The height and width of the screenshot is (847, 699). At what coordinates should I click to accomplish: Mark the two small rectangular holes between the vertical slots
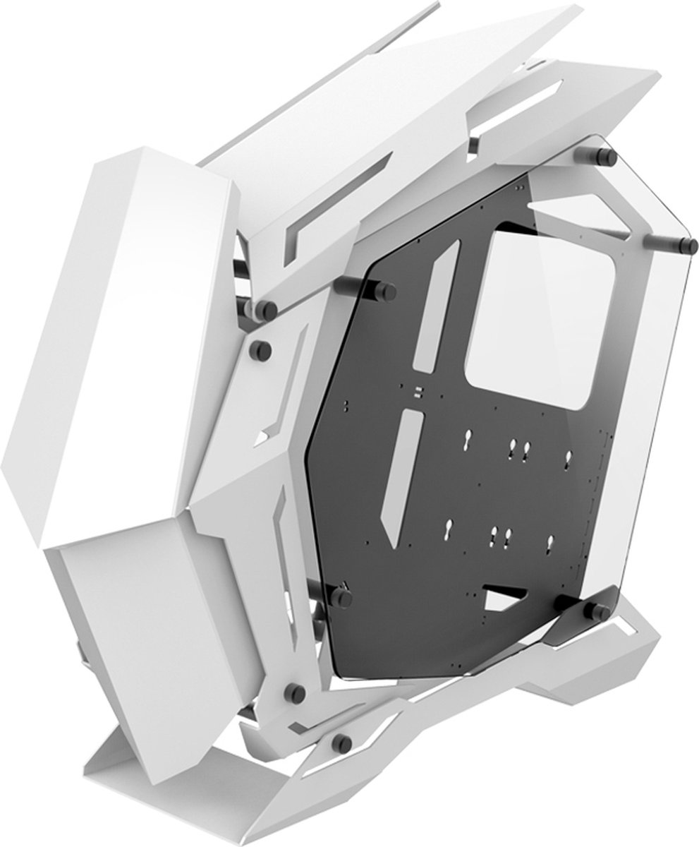[418, 390]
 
